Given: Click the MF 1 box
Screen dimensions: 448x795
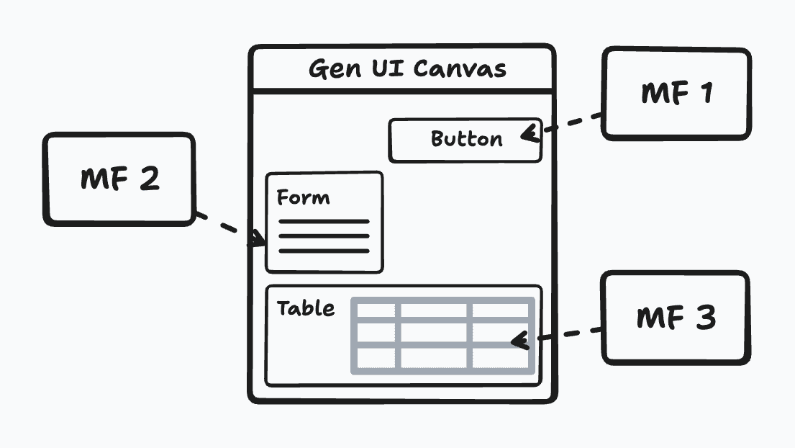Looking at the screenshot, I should tap(676, 93).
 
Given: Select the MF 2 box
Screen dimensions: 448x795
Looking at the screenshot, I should tap(119, 179).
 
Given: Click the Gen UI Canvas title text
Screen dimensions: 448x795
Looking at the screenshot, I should tap(407, 69).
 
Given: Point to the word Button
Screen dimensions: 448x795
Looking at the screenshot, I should tap(466, 138).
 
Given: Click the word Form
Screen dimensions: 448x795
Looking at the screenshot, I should tap(303, 197).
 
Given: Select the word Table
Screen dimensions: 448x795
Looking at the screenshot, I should tap(306, 308).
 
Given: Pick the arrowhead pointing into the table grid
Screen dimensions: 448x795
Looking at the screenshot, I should tap(519, 339).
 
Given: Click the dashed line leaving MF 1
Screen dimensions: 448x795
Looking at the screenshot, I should tap(572, 122).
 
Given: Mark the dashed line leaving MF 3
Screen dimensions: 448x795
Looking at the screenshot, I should tap(568, 334).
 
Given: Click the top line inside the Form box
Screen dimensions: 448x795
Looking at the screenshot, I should tap(324, 221).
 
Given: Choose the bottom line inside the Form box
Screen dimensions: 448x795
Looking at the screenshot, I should tap(324, 251).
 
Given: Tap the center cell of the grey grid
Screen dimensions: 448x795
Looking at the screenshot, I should tap(434, 333).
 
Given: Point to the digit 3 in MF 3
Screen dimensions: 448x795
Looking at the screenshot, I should tap(705, 317).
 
